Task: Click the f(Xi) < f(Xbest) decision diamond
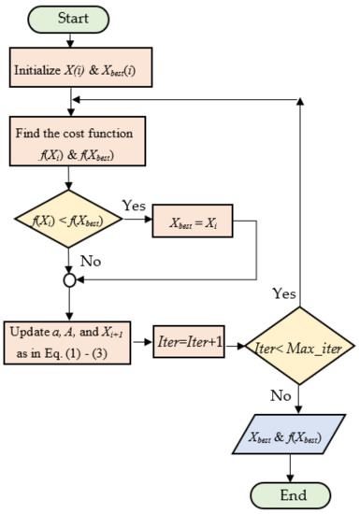point(71,221)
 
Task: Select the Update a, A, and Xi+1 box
point(71,344)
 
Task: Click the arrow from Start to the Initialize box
point(71,43)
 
